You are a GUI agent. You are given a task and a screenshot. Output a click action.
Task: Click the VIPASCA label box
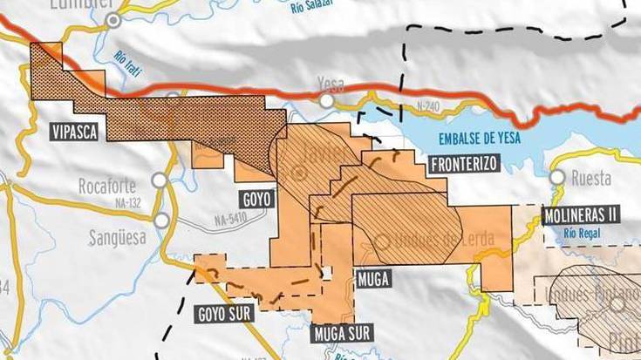point(72,132)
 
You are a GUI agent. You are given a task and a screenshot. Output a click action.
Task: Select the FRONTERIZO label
point(463,163)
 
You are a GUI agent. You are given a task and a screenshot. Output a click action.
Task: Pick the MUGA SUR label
point(342,332)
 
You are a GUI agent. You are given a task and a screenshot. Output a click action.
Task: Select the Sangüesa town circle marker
point(161,221)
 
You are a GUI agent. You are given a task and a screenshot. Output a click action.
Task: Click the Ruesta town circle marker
point(557,178)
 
